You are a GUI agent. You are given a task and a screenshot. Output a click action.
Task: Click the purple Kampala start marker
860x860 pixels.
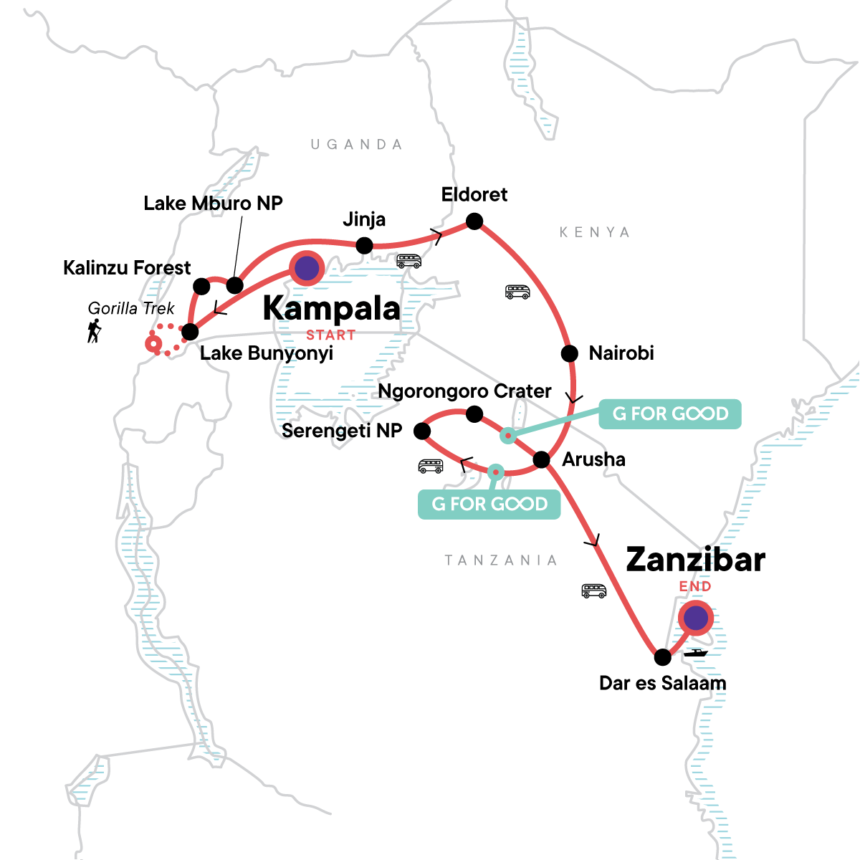pyautogui.click(x=307, y=268)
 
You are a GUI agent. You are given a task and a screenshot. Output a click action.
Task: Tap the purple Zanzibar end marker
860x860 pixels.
pyautogui.click(x=695, y=618)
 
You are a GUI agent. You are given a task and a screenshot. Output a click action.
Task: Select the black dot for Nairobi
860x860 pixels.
pyautogui.click(x=569, y=353)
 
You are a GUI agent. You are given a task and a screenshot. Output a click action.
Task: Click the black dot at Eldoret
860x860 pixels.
pyautogui.click(x=474, y=221)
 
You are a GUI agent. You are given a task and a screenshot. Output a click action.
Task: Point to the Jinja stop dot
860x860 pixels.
pyautogui.click(x=364, y=246)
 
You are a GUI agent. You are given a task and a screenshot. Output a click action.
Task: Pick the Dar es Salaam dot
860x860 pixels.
pyautogui.click(x=663, y=656)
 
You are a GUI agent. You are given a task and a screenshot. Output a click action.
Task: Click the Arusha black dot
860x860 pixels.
pyautogui.click(x=541, y=459)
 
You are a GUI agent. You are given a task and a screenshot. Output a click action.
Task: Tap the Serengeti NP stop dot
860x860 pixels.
pyautogui.click(x=422, y=431)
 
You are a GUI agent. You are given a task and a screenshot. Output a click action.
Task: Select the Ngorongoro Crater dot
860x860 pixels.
pyautogui.click(x=474, y=414)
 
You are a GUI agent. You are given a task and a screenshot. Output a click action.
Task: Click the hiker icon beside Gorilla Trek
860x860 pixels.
pyautogui.click(x=94, y=331)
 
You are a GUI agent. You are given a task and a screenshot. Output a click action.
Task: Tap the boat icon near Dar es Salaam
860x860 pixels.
pyautogui.click(x=695, y=653)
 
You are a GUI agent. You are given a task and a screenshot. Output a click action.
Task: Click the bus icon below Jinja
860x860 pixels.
pyautogui.click(x=408, y=261)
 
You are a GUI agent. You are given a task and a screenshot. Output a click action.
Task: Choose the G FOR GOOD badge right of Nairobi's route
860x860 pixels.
pyautogui.click(x=669, y=414)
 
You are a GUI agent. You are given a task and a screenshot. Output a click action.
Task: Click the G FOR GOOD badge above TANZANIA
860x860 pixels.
pyautogui.click(x=489, y=504)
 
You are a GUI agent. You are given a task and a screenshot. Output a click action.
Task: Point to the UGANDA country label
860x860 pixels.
pyautogui.click(x=356, y=145)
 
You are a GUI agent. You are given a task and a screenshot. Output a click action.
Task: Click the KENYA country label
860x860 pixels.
pyautogui.click(x=594, y=232)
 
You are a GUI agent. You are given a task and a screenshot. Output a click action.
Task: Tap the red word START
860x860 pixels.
pyautogui.click(x=330, y=335)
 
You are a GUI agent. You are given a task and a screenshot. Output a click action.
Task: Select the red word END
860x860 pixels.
pyautogui.click(x=695, y=586)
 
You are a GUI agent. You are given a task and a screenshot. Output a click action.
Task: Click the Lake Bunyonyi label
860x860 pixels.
pyautogui.click(x=266, y=353)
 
